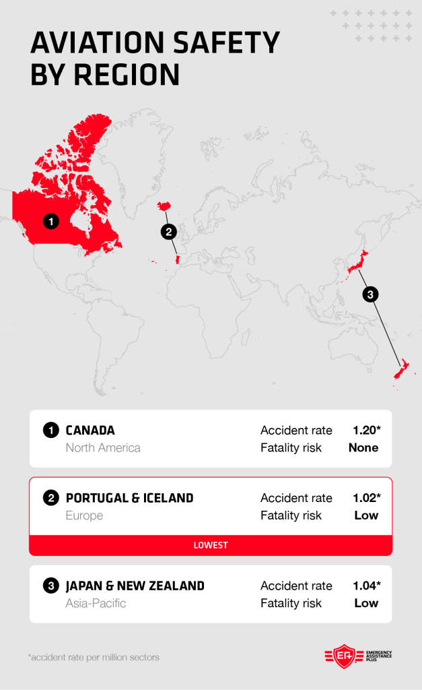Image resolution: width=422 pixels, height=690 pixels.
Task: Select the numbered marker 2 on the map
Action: point(168,232)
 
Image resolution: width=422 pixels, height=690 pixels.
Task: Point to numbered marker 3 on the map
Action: point(370,294)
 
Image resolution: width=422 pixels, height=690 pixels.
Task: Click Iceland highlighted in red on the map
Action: point(164,206)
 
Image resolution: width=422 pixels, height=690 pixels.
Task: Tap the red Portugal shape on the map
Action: point(177,259)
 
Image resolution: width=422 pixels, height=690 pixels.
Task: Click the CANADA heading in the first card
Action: point(90,430)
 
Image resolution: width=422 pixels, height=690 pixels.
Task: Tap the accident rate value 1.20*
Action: point(365,430)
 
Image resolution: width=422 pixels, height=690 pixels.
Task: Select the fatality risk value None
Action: point(363,447)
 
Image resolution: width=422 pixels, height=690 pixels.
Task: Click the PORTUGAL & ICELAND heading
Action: point(129,498)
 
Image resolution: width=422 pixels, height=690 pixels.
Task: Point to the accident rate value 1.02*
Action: point(365,498)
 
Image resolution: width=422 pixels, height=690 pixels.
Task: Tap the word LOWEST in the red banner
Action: point(211,545)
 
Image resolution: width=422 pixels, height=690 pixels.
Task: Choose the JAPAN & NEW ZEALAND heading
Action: point(135,586)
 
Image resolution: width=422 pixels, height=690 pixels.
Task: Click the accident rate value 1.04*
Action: point(365,586)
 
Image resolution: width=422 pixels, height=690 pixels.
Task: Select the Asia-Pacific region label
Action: point(96,603)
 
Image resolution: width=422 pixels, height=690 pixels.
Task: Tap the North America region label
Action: point(103,447)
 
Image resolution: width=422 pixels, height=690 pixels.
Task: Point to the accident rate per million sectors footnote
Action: point(94,657)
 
